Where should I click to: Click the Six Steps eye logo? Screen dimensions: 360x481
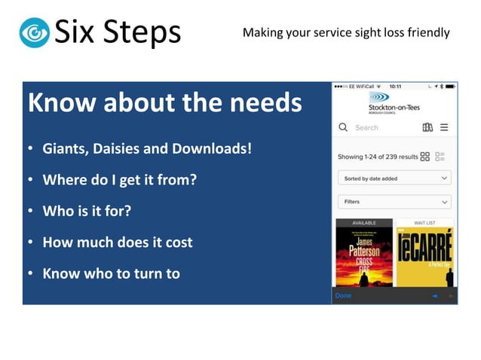pos(35,32)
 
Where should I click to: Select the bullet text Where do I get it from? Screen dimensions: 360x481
pos(119,179)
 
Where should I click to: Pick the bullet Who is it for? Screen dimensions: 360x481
pos(87,211)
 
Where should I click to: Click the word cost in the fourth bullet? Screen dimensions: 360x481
pos(178,243)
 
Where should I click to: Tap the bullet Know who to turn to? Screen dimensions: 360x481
pos(111,273)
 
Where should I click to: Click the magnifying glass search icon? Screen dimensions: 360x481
pos(344,128)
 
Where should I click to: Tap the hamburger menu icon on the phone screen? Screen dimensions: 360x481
pos(444,128)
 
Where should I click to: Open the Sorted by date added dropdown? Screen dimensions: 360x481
pos(394,178)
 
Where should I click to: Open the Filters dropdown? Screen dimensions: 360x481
pos(394,202)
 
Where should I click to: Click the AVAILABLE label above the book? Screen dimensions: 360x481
pos(363,223)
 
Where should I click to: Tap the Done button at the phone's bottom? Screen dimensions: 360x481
pos(343,296)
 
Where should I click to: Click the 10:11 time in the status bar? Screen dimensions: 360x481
pos(395,86)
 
